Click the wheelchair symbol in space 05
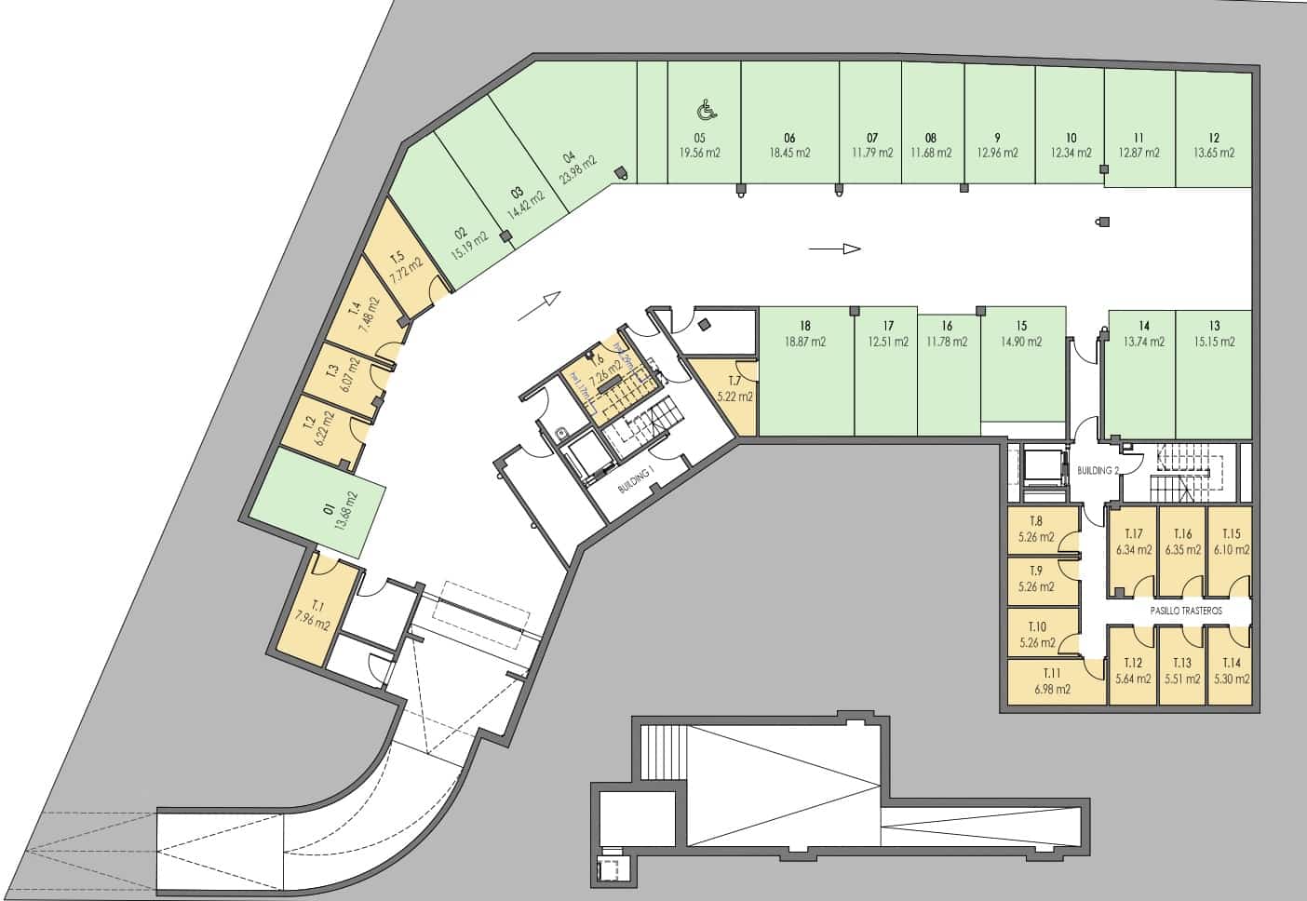707,112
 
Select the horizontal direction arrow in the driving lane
834,249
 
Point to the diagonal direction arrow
539,306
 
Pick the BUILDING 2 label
1098,470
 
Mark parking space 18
805,372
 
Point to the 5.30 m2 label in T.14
1232,679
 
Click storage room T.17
1133,549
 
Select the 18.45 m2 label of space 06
789,153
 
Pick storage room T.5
403,265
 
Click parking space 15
1022,363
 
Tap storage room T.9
1043,579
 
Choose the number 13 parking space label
1215,326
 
